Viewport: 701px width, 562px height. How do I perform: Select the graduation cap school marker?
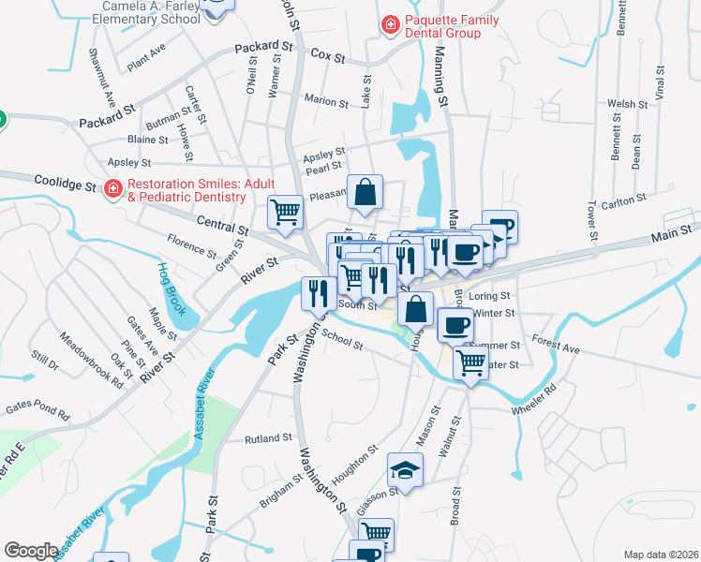point(405,469)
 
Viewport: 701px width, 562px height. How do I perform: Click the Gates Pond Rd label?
point(37,409)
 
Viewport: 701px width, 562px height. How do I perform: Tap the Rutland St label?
point(268,438)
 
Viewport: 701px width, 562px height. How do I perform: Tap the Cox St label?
point(328,57)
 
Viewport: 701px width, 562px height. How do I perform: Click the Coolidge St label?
point(66,183)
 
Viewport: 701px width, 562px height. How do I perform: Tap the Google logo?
point(31,551)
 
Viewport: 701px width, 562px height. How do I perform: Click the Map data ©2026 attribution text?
point(661,555)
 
